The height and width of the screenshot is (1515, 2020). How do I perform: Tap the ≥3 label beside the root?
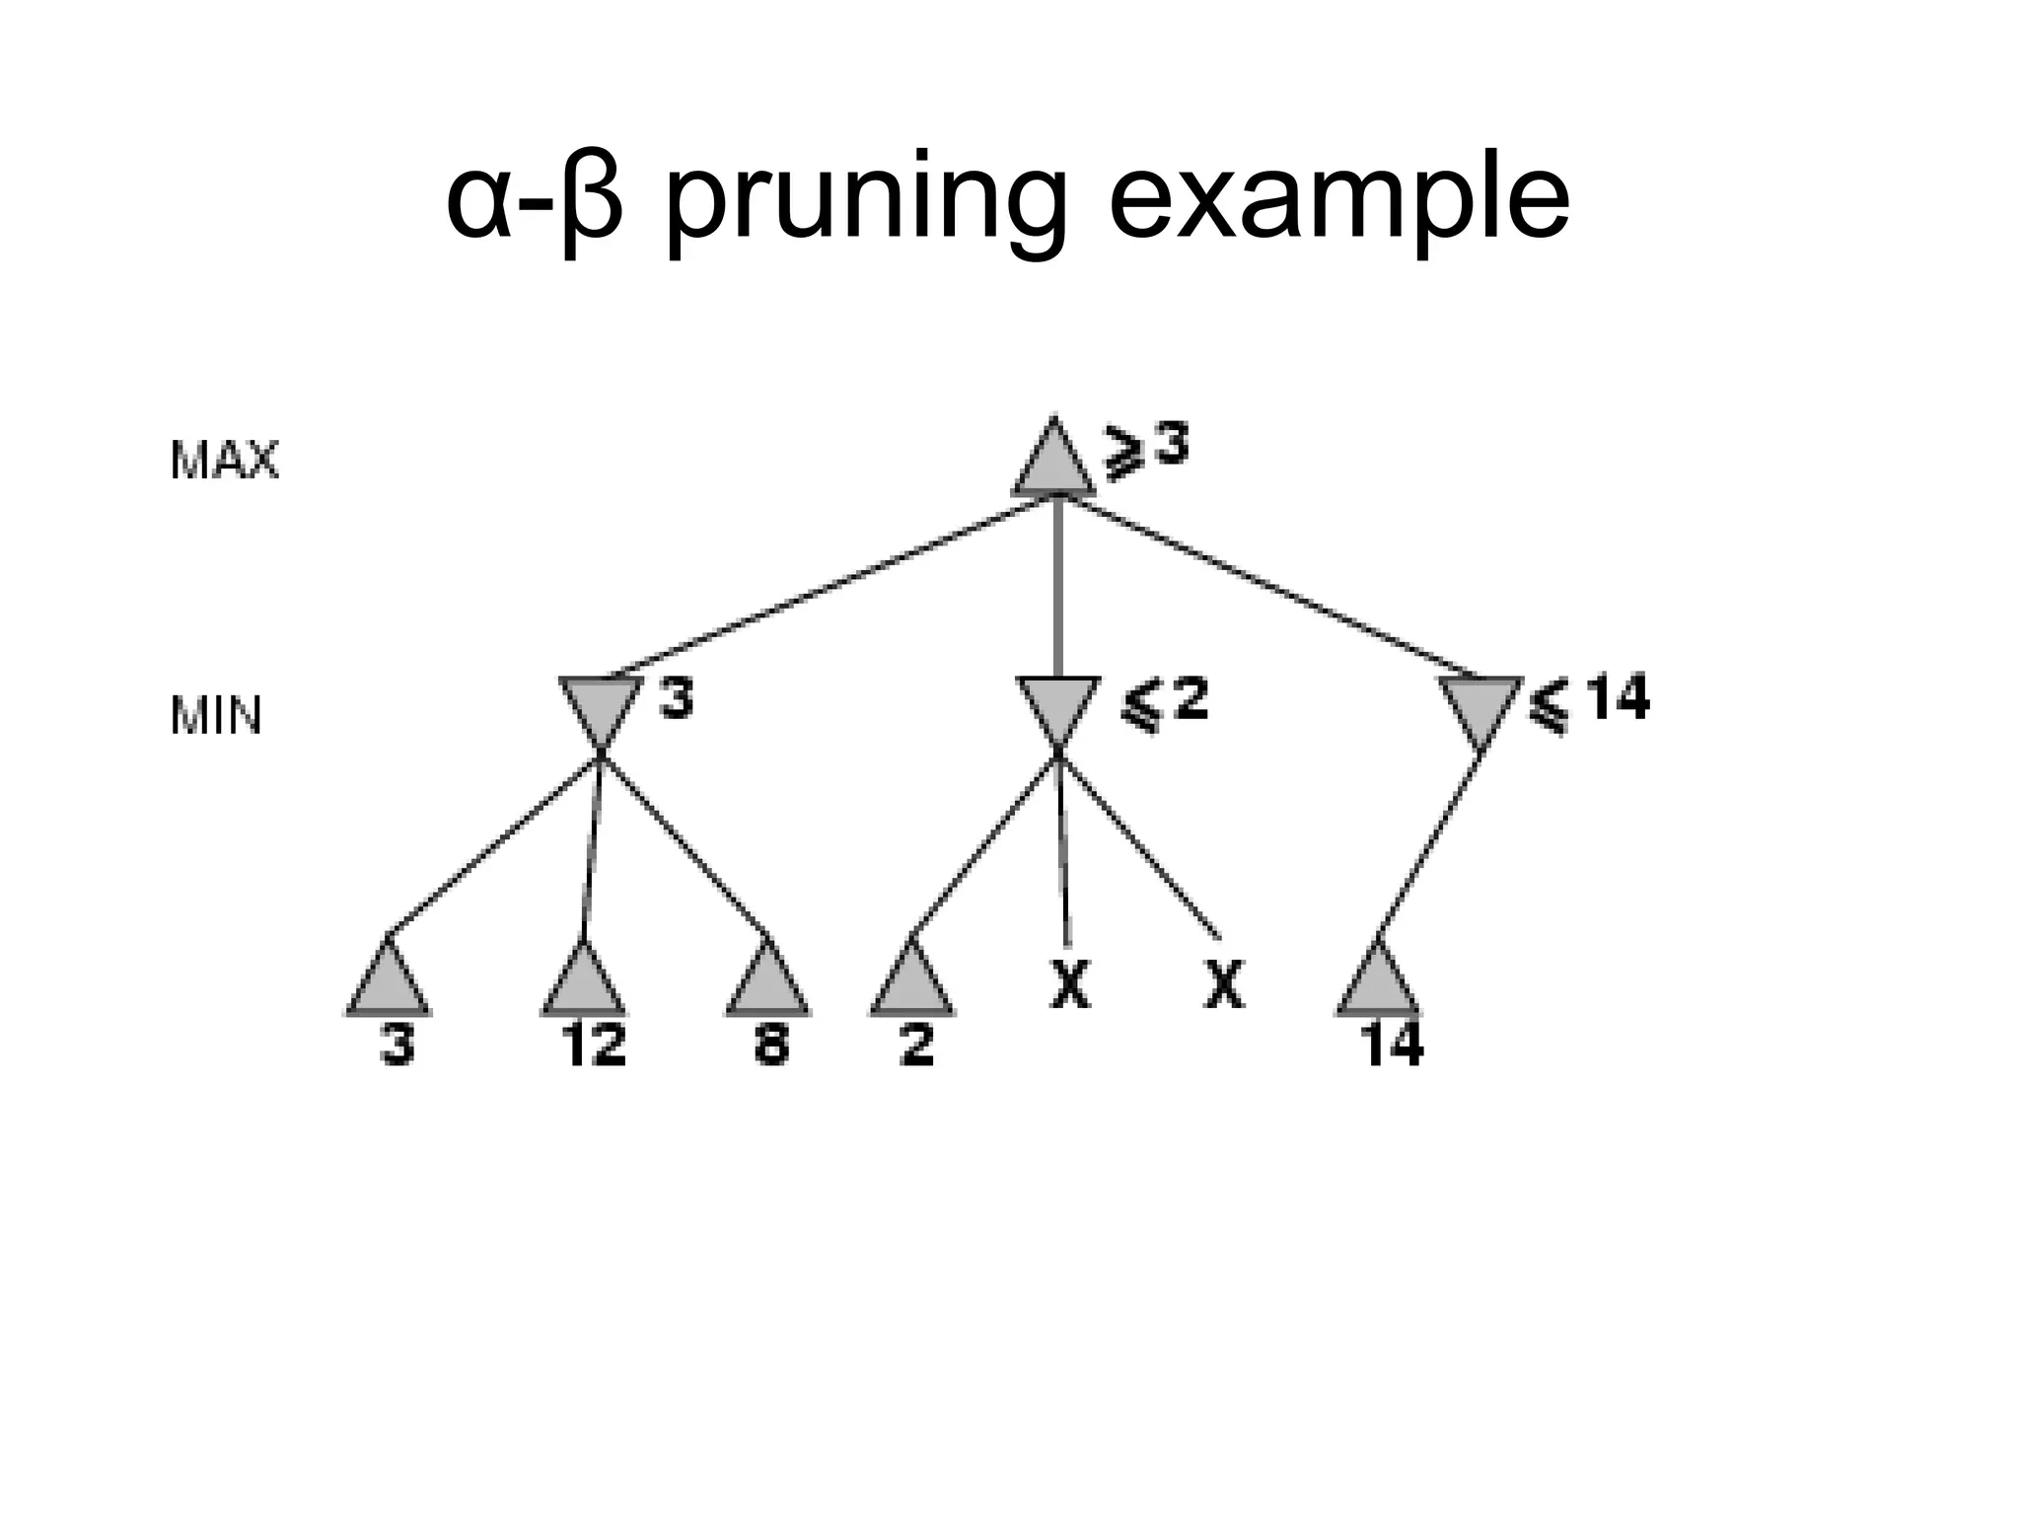point(1146,453)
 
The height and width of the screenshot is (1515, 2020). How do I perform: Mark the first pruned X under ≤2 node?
point(1070,984)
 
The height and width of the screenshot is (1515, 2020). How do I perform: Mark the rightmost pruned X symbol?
point(1224,984)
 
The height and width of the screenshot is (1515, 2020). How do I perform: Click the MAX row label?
point(225,461)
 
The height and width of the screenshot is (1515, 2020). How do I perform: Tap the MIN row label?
point(216,716)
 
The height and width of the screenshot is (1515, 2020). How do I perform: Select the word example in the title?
point(1337,202)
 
